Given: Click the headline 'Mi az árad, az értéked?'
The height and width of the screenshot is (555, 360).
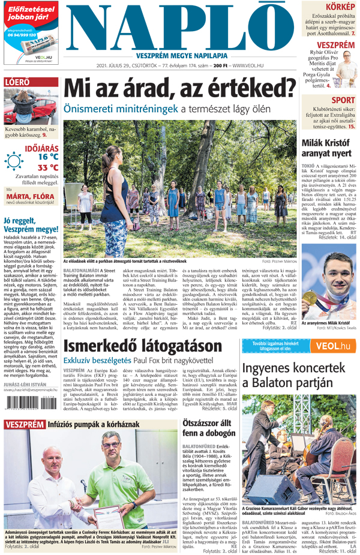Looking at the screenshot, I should [180, 88].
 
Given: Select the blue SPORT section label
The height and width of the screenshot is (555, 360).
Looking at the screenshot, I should [343, 100].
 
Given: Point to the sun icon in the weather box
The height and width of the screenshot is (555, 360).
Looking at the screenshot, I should [14, 161].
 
